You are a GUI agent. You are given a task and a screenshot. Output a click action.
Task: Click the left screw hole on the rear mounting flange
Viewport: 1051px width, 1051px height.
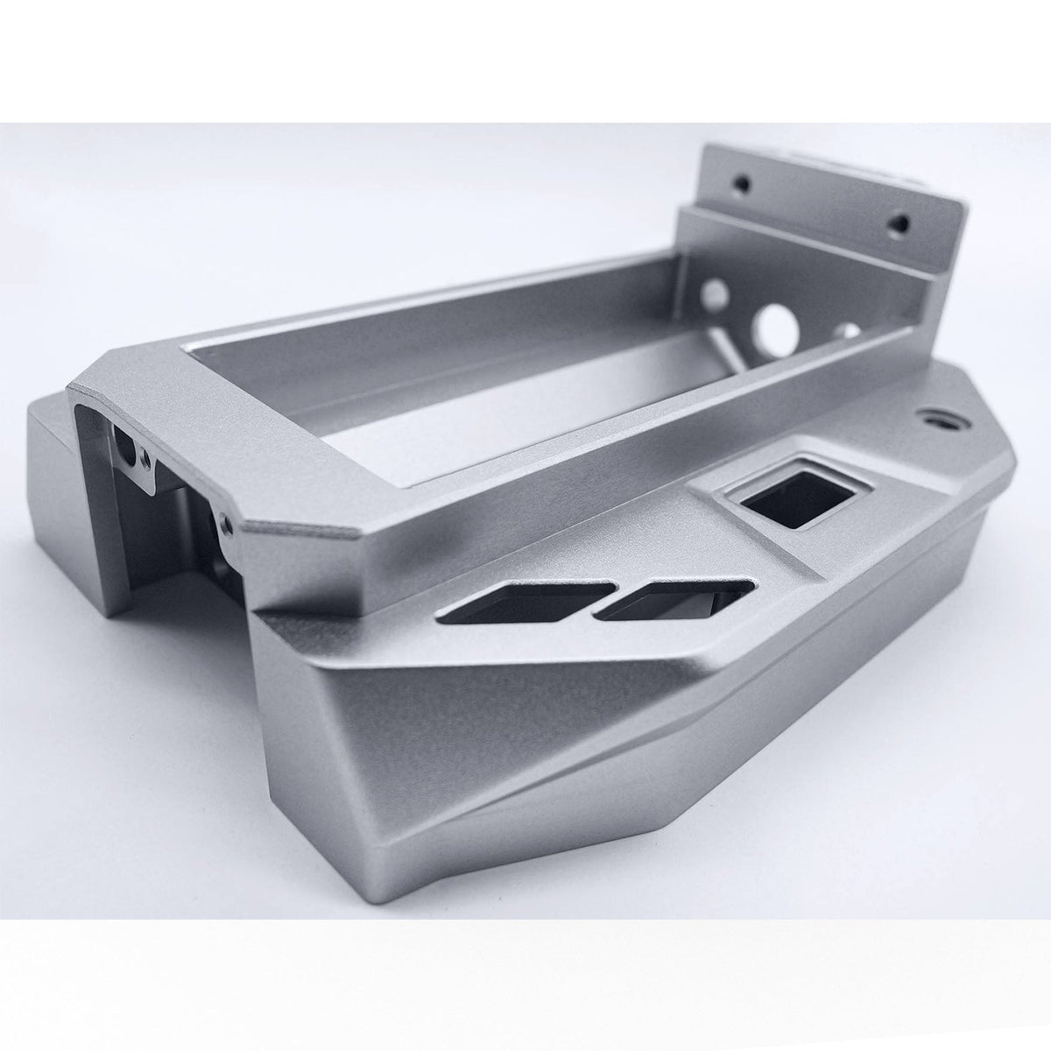pyautogui.click(x=744, y=186)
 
